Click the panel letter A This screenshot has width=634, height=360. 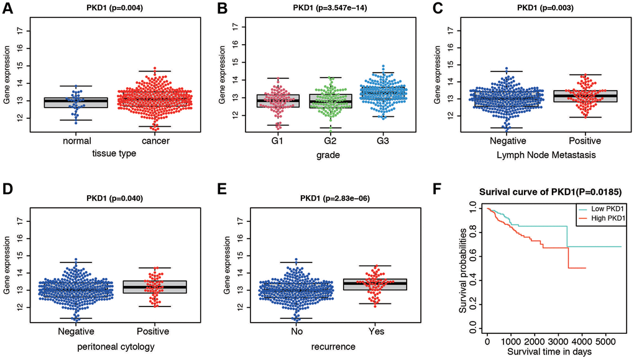pos(7,10)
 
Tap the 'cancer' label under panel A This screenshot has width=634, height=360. pos(150,142)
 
